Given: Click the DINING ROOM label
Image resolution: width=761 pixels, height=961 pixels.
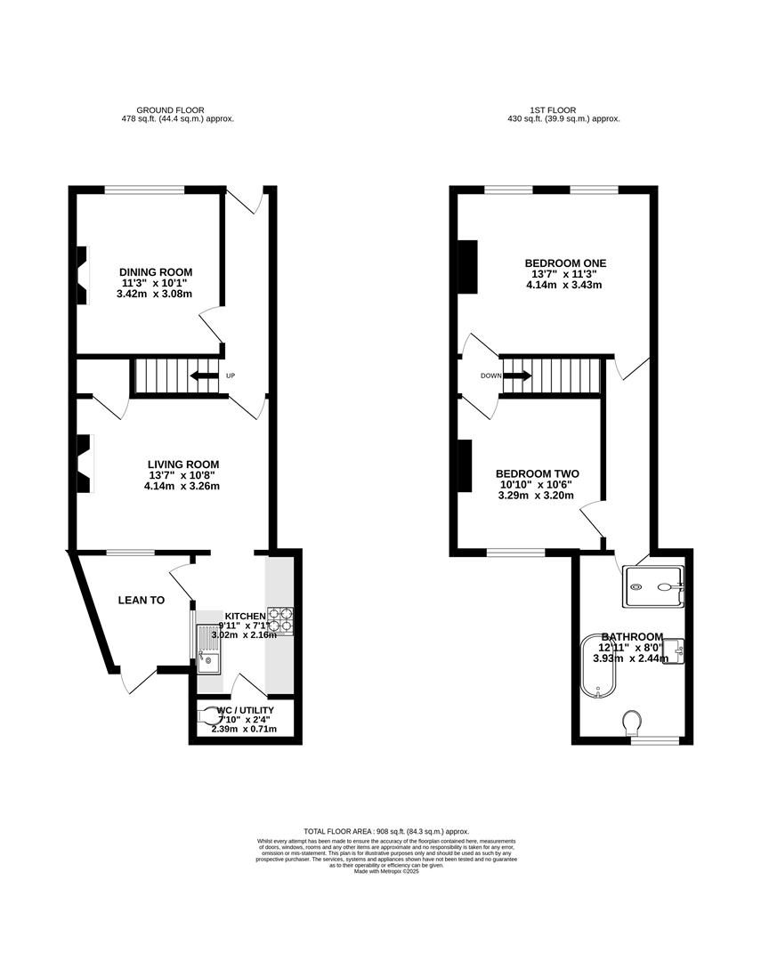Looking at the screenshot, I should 156,272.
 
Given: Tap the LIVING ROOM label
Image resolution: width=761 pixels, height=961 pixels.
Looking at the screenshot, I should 182,464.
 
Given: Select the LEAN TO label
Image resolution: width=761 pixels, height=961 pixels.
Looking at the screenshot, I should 142,601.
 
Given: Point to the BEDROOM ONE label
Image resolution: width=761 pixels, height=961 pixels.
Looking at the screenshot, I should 565,263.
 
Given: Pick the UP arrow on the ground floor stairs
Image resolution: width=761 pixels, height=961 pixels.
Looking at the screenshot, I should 205,376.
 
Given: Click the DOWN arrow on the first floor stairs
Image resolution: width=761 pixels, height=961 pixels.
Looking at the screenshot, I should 517,376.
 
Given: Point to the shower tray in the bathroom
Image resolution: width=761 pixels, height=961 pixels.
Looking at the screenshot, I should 655,580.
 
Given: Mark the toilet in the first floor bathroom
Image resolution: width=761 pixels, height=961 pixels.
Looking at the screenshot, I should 634,719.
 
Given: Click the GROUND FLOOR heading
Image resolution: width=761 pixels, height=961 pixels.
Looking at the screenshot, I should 178,110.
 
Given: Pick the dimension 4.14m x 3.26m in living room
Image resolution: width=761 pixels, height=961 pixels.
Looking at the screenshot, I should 182,486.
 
